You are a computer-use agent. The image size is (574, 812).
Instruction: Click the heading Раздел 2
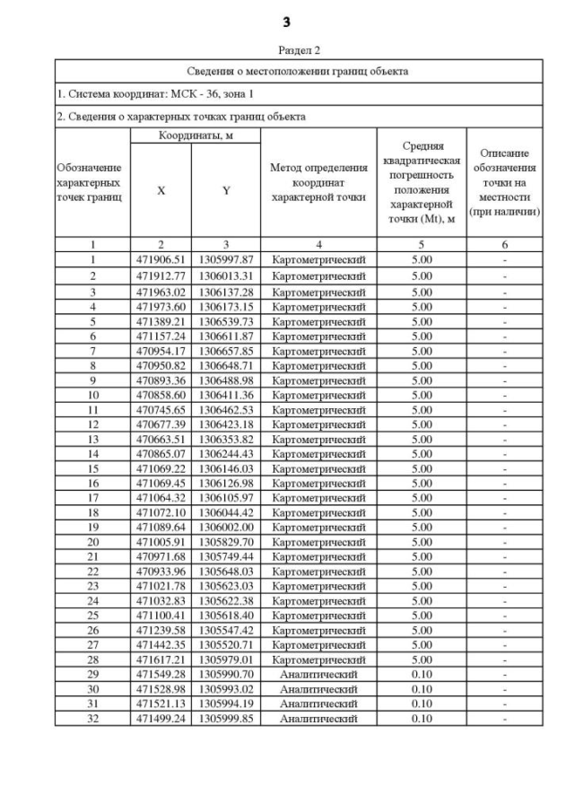[286, 51]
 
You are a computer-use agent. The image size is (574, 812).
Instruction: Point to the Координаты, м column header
[195, 135]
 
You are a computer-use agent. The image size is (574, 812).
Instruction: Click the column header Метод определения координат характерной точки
[318, 182]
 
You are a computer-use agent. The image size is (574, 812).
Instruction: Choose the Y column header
[226, 190]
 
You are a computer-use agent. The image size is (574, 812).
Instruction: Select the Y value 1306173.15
[226, 307]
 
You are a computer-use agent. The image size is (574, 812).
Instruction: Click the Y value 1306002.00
[226, 527]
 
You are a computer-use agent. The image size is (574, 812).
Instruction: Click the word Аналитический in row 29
[318, 673]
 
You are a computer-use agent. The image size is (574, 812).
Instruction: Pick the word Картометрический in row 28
[318, 659]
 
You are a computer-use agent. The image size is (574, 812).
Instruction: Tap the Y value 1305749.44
[226, 556]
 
